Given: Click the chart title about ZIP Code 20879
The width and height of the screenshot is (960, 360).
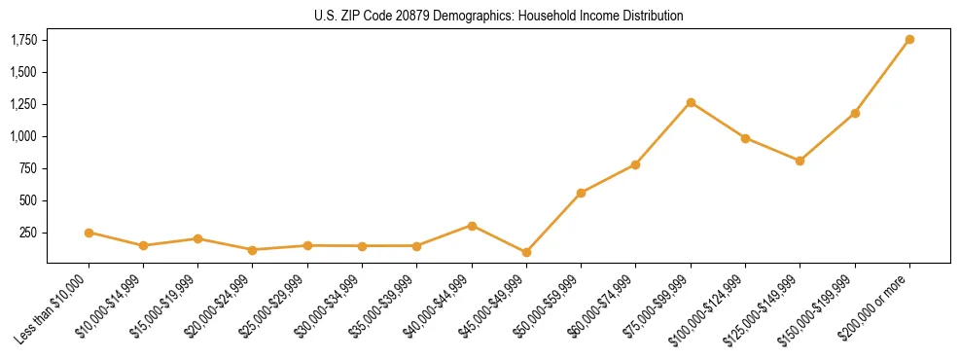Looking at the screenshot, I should tap(499, 17).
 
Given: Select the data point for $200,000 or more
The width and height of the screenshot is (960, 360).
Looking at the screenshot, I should tap(909, 40).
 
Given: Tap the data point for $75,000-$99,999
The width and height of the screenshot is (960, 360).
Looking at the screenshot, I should tap(691, 102).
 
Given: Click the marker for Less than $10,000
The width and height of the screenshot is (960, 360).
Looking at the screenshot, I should tap(89, 233).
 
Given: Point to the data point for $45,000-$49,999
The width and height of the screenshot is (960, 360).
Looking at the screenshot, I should tap(526, 252).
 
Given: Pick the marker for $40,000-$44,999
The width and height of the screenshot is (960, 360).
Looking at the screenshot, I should tap(472, 226).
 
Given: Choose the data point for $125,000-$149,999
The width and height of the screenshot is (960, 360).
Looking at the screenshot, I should tap(800, 161).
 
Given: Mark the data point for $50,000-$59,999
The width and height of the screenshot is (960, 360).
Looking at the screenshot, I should tap(581, 193).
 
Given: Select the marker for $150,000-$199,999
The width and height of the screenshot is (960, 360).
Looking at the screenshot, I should tap(855, 113).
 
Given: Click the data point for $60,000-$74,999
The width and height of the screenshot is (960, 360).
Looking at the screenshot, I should tap(635, 164).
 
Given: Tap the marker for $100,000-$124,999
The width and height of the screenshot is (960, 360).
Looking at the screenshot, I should tap(745, 138).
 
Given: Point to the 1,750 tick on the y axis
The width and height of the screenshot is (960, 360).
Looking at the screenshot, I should tap(24, 40).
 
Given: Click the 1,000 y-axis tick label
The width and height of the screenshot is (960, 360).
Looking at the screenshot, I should tap(24, 136).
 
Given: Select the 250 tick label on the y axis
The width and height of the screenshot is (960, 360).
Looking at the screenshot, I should tap(29, 233).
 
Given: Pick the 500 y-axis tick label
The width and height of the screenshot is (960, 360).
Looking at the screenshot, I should tap(29, 200).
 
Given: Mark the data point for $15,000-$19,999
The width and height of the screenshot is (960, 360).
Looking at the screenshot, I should tap(197, 238).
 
